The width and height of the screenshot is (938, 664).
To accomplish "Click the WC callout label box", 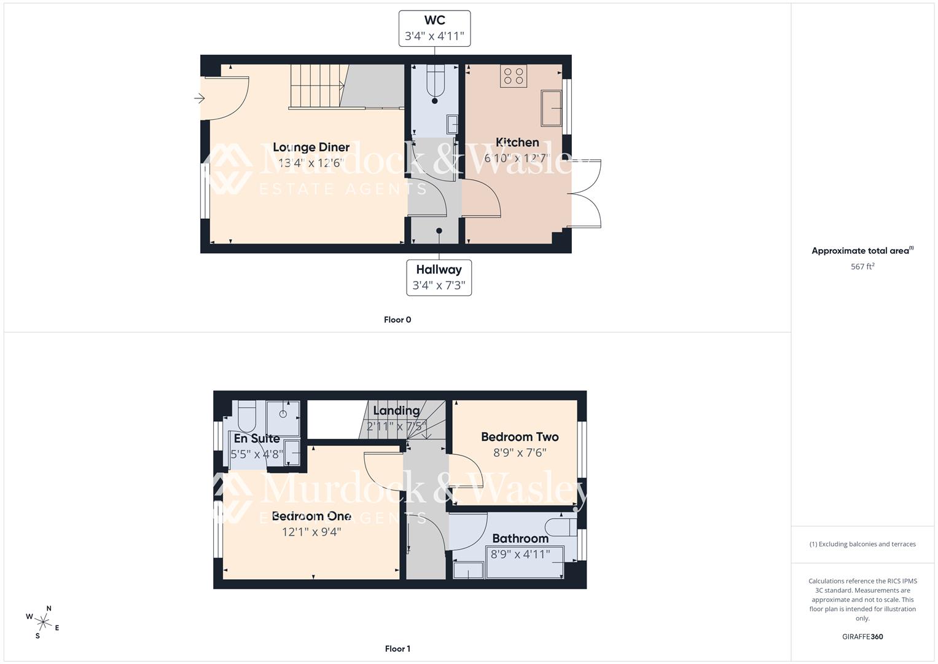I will tap(434, 28).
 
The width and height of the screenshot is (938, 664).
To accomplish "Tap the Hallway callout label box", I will tap(439, 277).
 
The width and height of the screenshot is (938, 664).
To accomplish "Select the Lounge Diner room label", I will tap(311, 148).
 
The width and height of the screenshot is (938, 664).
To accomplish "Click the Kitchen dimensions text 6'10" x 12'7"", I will tap(517, 158).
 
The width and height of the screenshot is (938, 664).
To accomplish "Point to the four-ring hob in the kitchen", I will tap(514, 76).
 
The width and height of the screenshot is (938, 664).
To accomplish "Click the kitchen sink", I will tap(551, 108).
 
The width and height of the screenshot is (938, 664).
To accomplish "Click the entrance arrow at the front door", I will tap(199, 98).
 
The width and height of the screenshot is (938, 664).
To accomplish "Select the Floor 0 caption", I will tap(397, 320).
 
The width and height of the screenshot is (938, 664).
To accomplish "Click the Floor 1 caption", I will tap(397, 649).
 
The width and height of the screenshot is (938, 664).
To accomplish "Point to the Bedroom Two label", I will tap(520, 437).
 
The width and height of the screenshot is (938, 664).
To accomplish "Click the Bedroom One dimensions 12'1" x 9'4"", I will tap(311, 532).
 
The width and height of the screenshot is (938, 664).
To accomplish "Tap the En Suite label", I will tap(257, 438).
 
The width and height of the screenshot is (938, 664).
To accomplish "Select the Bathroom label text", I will tap(520, 539).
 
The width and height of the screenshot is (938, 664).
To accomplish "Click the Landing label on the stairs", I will tap(396, 411).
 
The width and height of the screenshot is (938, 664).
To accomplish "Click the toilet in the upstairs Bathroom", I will tap(561, 527).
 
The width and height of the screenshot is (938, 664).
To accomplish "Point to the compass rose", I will tap(42, 622).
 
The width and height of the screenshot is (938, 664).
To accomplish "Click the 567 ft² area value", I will tap(862, 267).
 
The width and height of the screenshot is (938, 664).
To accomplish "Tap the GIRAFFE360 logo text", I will tap(862, 636).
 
